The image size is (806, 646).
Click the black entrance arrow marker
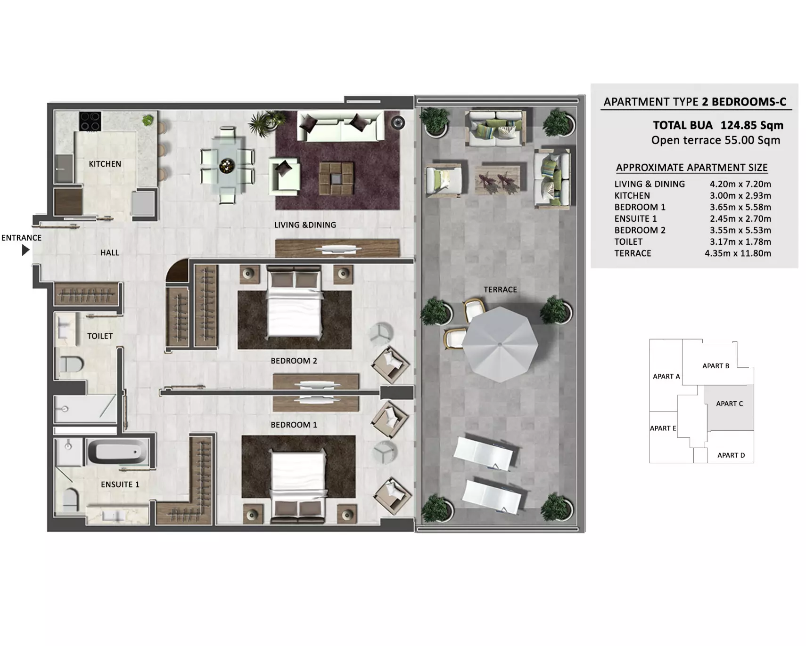25,250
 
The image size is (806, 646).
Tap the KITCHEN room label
105,164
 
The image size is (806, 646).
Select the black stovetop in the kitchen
90,121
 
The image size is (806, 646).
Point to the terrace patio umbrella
500,344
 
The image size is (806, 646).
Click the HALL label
109,253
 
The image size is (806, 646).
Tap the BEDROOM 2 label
294,361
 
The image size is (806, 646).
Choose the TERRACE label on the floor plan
500,290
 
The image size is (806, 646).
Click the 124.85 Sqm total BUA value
752,125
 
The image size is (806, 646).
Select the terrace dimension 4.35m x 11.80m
738,253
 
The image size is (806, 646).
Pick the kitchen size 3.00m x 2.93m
740,195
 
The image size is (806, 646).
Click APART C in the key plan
729,404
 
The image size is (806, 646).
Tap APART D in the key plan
731,455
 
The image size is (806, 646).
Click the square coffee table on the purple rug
336,178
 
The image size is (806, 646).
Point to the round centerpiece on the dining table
227,165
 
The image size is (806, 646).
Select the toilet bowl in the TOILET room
72,364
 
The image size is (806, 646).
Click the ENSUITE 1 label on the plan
120,484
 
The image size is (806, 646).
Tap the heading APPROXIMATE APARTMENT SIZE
691,168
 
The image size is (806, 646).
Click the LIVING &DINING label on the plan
305,225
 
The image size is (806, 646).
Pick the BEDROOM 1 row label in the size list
640,207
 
